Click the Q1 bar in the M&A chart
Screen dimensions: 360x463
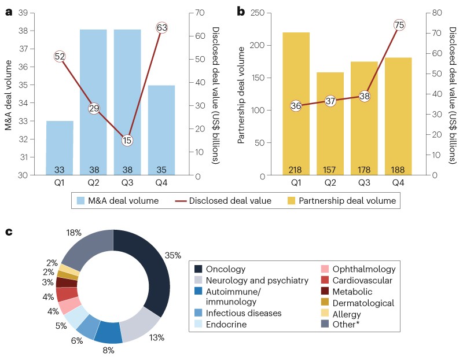(60, 148)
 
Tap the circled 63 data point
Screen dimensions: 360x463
(161, 27)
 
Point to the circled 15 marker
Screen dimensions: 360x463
(127, 140)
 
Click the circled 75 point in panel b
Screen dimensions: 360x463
(399, 25)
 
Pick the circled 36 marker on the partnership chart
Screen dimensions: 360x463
(296, 106)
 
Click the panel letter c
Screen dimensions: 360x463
(9, 232)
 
